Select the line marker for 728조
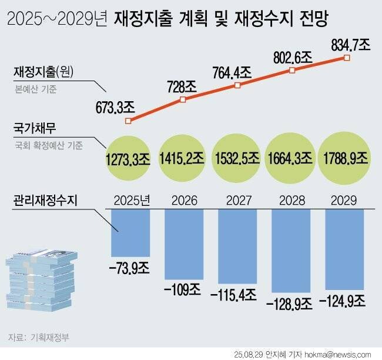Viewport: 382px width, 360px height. pos(183,100)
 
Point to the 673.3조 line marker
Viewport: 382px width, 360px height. pos(129,121)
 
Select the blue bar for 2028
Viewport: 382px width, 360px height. pos(290,249)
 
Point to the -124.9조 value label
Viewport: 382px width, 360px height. pos(343,302)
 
